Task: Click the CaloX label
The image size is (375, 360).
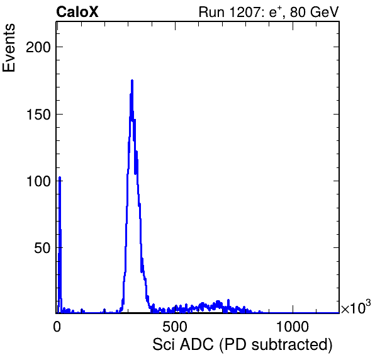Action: coord(77,12)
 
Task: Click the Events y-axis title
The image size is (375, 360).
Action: coord(9,48)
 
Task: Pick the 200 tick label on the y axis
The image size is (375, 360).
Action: coord(38,47)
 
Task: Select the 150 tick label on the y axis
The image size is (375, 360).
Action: coord(38,115)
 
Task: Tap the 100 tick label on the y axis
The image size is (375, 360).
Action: coord(38,181)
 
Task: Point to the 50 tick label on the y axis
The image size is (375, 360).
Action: coord(42,248)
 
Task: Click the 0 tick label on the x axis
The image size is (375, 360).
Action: coord(57,327)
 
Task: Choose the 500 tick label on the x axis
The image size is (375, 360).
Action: coord(175,327)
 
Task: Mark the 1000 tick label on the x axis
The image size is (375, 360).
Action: coord(293,327)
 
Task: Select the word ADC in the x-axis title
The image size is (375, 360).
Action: coord(196,345)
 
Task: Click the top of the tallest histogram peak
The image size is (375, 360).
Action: coord(132,81)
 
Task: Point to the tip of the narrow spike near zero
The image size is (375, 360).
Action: coord(60,177)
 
